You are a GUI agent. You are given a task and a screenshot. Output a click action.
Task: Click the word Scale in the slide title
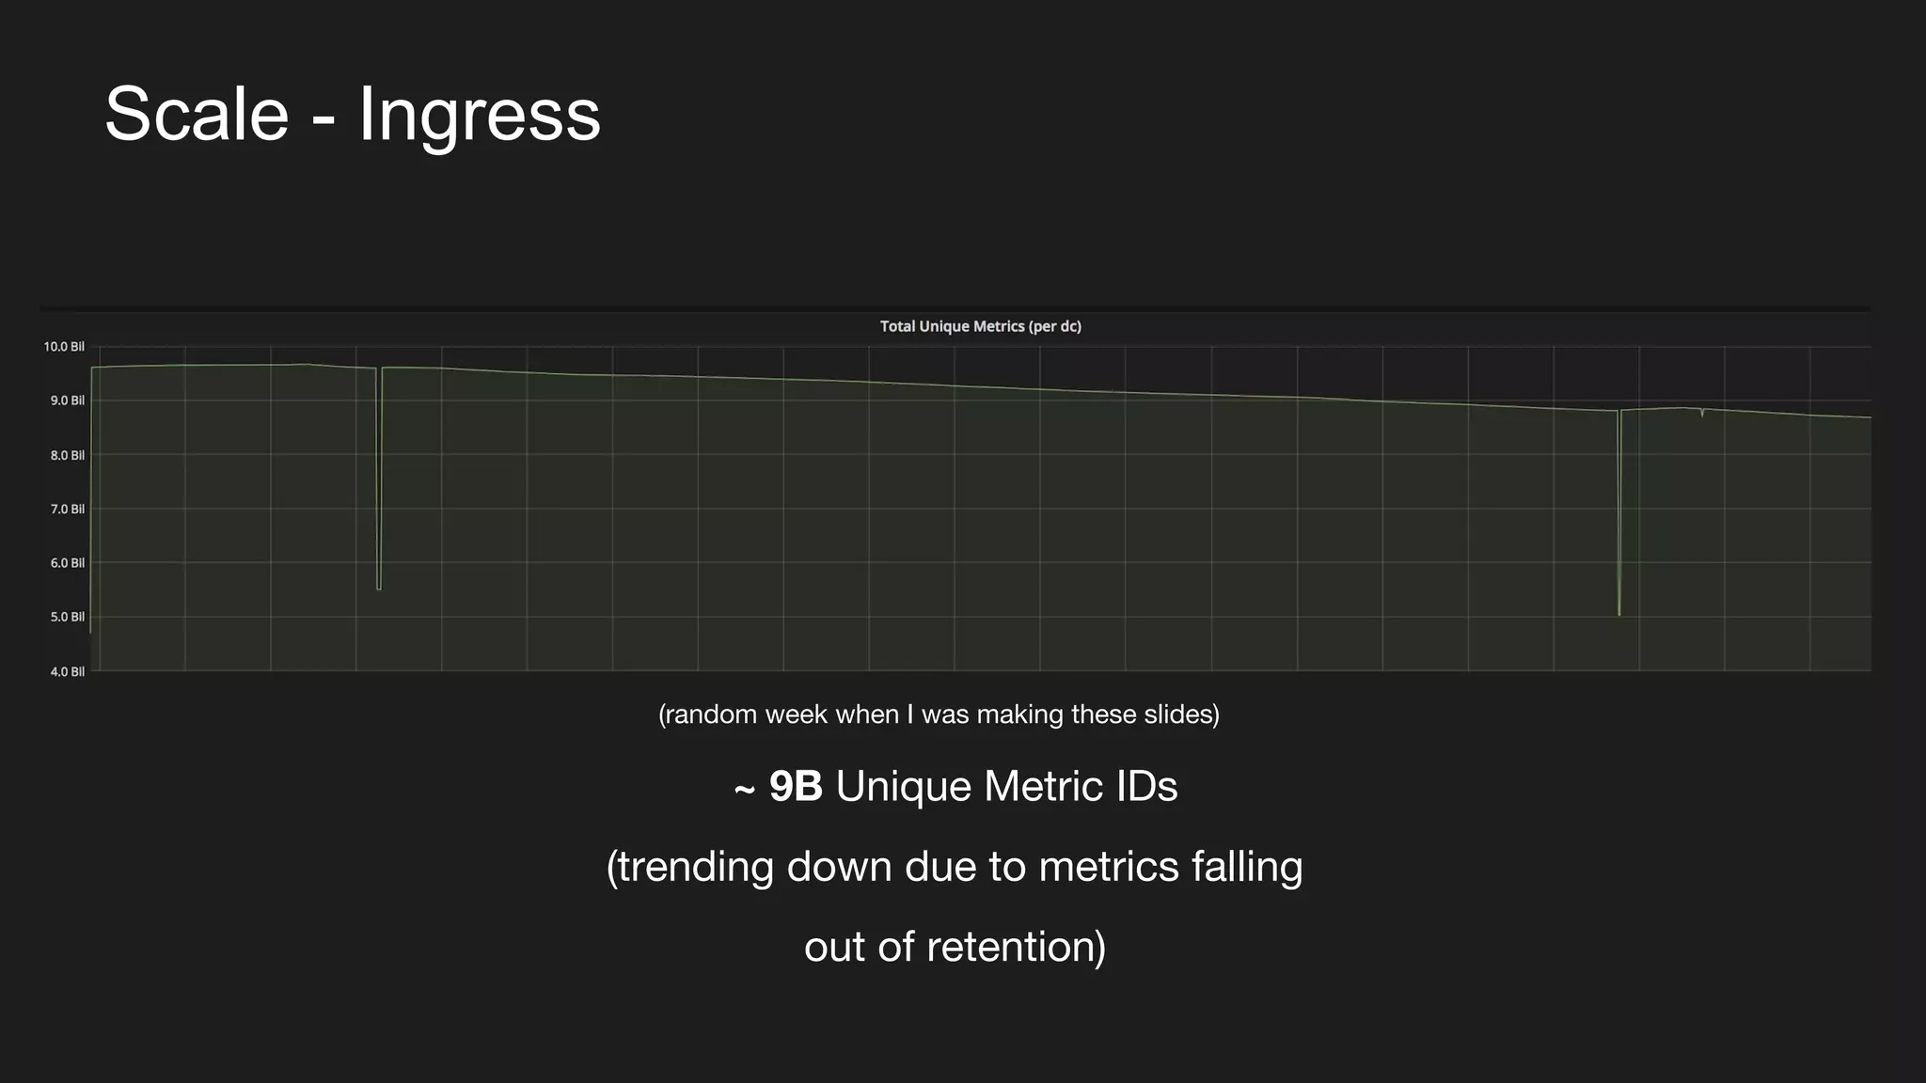pyautogui.click(x=197, y=114)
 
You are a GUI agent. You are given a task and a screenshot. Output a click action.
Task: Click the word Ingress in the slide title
pyautogui.click(x=479, y=114)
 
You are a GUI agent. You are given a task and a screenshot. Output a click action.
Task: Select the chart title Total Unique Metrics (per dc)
pyautogui.click(x=980, y=326)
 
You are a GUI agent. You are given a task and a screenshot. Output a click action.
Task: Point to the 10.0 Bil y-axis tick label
pyautogui.click(x=64, y=347)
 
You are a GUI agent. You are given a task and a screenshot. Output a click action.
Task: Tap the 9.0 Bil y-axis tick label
pyautogui.click(x=67, y=400)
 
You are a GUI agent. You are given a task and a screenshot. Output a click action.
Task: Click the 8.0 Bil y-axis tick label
pyautogui.click(x=67, y=455)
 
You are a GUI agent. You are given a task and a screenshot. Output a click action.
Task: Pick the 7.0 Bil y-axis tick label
pyautogui.click(x=67, y=509)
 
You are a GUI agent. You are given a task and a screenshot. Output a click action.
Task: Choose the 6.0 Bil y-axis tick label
pyautogui.click(x=67, y=563)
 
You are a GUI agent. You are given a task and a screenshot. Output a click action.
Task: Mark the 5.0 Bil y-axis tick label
pyautogui.click(x=67, y=617)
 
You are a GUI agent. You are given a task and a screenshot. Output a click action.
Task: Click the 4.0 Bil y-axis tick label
pyautogui.click(x=67, y=671)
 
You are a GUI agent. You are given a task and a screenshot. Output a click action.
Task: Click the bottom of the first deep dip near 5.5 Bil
pyautogui.click(x=379, y=589)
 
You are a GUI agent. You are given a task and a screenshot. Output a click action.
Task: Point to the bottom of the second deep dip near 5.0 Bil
pyautogui.click(x=1618, y=614)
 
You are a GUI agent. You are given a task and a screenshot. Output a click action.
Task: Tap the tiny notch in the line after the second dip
pyautogui.click(x=1702, y=415)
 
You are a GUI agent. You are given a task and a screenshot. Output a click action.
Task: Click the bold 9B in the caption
pyautogui.click(x=796, y=787)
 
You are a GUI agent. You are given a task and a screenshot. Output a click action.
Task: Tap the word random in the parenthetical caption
pyautogui.click(x=710, y=714)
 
